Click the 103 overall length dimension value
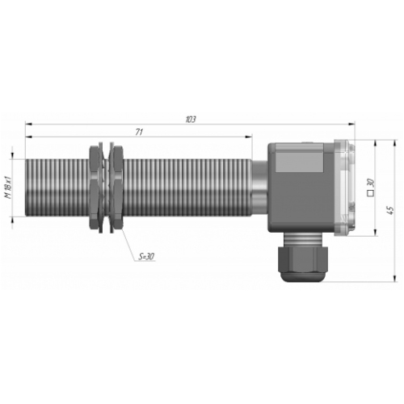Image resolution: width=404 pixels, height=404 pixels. pyautogui.click(x=191, y=120)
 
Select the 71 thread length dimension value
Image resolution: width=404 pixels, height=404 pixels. pyautogui.click(x=139, y=133)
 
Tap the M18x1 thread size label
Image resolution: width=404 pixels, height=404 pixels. pyautogui.click(x=8, y=187)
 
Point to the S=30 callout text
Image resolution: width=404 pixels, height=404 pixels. pyautogui.click(x=147, y=256)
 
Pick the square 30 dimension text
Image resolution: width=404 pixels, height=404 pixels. pyautogui.click(x=371, y=187)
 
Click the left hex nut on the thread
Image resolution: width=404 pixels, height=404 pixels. pyautogui.click(x=94, y=187)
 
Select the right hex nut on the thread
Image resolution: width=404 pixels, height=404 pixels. pyautogui.click(x=118, y=187)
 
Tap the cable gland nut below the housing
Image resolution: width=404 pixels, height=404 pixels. pyautogui.click(x=303, y=260)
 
